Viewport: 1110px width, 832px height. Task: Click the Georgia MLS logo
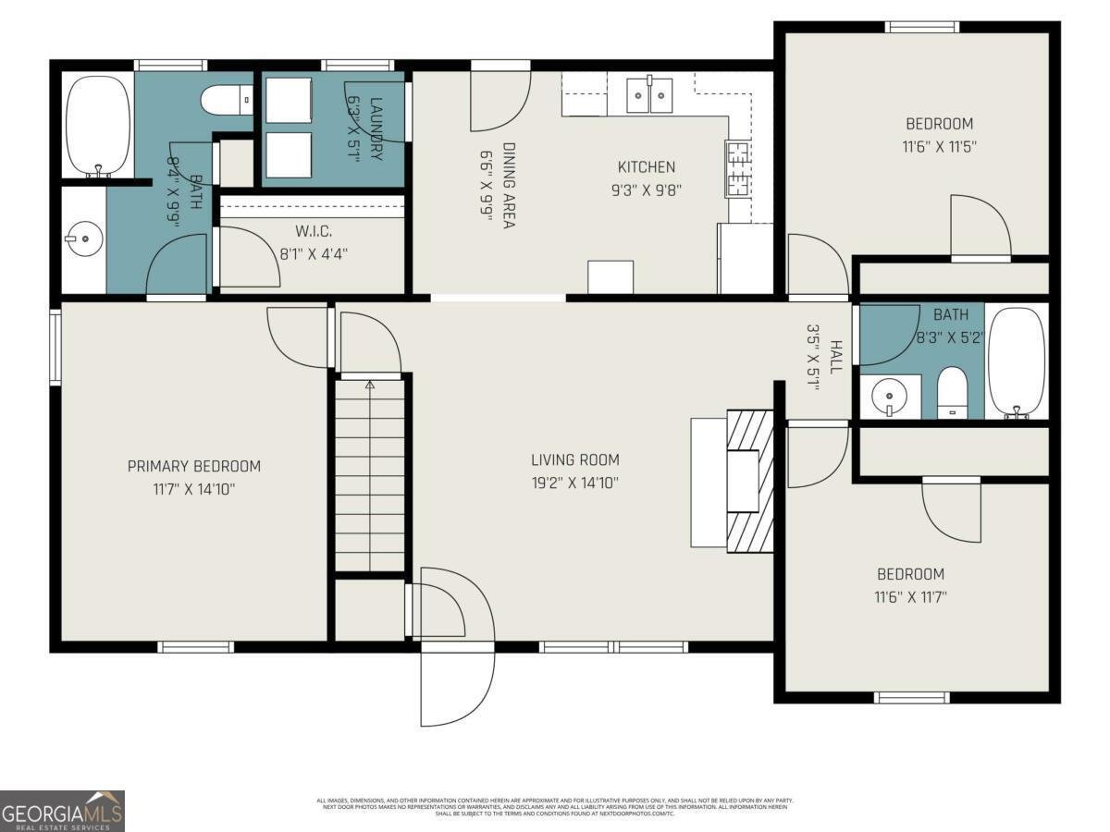[x=62, y=811]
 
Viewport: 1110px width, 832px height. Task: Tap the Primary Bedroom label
[x=194, y=466]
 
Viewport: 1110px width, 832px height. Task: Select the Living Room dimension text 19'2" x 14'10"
[x=574, y=482]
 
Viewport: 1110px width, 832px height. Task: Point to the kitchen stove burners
[x=738, y=167]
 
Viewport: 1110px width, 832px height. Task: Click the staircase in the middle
[x=369, y=476]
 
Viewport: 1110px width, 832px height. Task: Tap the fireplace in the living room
[x=749, y=481]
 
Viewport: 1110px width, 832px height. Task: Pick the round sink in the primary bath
[x=84, y=239]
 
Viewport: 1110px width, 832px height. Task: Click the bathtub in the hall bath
[x=1017, y=361]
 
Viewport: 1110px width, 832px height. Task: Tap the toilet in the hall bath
[x=952, y=393]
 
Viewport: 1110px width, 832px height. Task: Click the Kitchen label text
[x=647, y=167]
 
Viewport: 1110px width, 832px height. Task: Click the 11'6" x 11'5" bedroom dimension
[x=938, y=146]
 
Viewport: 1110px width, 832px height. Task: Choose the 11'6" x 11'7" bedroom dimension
[x=910, y=596]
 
